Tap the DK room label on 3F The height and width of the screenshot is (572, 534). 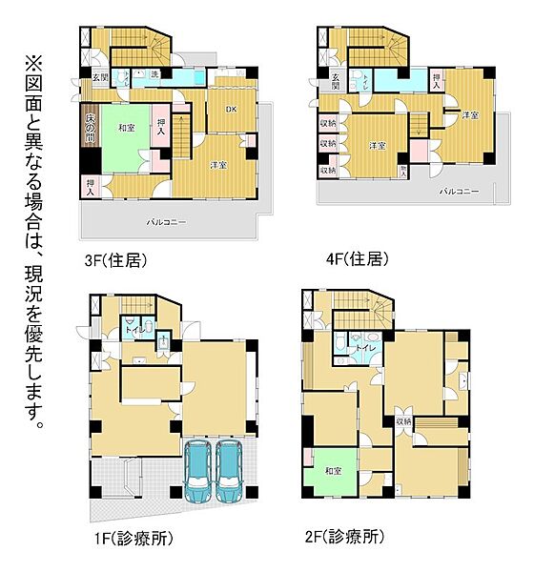click(230, 109)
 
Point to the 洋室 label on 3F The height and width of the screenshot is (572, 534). click(218, 165)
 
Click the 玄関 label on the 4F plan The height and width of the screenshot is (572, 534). click(336, 81)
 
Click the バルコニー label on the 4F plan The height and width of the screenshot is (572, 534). click(459, 191)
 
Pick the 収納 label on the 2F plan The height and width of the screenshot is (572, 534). click(403, 420)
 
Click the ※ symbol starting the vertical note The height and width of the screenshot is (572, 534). click(34, 64)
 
